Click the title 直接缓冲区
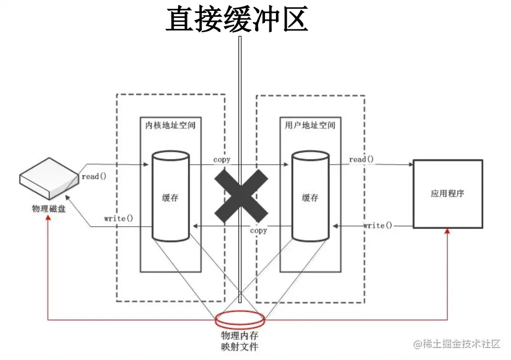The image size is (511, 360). [237, 19]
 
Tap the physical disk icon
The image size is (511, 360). [49, 179]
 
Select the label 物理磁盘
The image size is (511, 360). [49, 208]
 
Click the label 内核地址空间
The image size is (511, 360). [171, 125]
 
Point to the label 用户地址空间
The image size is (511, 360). [310, 125]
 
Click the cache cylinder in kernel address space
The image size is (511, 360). [171, 197]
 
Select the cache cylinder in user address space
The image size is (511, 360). [310, 197]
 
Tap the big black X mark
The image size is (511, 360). [241, 194]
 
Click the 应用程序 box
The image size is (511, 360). [447, 194]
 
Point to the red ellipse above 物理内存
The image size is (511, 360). [241, 318]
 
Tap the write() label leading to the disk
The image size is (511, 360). [118, 219]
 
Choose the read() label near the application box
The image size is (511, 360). [361, 159]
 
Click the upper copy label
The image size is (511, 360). [222, 159]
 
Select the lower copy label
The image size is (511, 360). [258, 231]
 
